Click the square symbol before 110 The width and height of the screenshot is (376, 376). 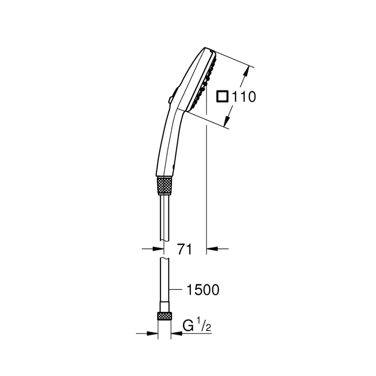pos(222,96)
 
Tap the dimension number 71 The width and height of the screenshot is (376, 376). pos(185,249)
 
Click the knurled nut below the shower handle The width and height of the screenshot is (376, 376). pos(164,185)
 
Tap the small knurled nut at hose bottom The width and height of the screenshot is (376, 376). pos(164,316)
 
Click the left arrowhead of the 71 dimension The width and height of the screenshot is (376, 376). pos(158,249)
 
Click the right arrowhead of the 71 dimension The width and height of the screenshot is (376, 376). pos(212,249)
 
